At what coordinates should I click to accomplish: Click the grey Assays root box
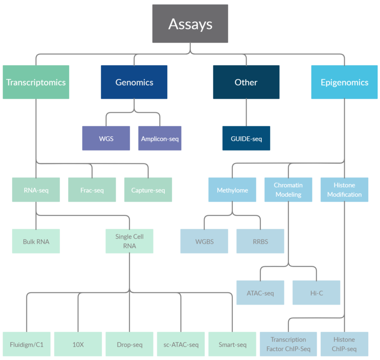pos(190,23)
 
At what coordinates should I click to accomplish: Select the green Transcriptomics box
pos(36,82)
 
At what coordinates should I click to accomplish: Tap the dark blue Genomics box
pos(134,82)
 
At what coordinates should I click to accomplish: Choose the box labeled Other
pos(246,82)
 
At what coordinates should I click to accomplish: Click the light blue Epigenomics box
pos(344,82)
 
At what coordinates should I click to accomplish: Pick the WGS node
pos(106,138)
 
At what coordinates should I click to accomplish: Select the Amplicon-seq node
pos(160,138)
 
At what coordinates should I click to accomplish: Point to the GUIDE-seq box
pos(246,138)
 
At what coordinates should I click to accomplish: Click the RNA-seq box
pos(36,190)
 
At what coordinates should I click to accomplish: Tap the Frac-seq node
pos(92,190)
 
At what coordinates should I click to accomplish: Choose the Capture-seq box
pos(148,190)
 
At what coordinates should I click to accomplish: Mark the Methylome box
pos(232,190)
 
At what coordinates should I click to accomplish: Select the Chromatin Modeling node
pos(288,190)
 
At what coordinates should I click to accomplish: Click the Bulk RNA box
pos(36,241)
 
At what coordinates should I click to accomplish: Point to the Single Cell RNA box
pos(129,241)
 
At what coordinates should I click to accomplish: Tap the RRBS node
pos(260,241)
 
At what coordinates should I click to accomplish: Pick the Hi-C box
pos(316,293)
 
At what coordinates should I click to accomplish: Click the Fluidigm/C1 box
pos(26,344)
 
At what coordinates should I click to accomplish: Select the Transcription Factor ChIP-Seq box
pos(288,344)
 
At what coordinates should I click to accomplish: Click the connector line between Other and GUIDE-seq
pos(246,113)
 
